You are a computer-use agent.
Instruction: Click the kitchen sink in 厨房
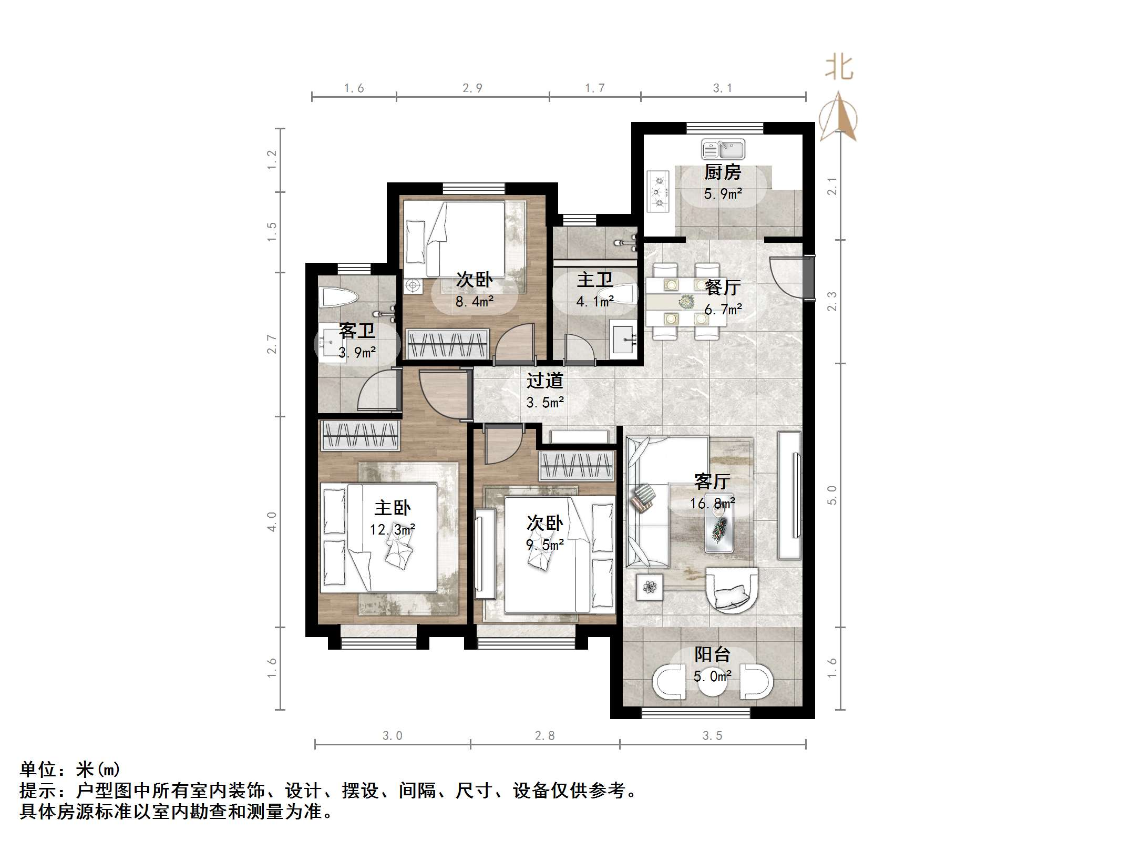pyautogui.click(x=723, y=149)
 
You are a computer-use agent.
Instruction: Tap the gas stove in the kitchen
pyautogui.click(x=658, y=191)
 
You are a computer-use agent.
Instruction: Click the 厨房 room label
pyautogui.click(x=723, y=172)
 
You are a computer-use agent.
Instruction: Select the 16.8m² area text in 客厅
pyautogui.click(x=712, y=504)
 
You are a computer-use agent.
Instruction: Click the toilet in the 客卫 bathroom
pyautogui.click(x=339, y=298)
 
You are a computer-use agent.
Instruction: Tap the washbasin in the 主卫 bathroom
pyautogui.click(x=624, y=337)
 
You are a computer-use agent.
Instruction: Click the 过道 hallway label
pyautogui.click(x=545, y=380)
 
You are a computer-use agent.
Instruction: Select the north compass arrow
pyautogui.click(x=839, y=117)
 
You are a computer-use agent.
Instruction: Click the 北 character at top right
pyautogui.click(x=839, y=68)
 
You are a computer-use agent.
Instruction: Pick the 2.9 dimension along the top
pyautogui.click(x=472, y=88)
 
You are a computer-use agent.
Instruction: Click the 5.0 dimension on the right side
pyautogui.click(x=832, y=495)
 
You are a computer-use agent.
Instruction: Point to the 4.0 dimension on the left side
pyautogui.click(x=272, y=521)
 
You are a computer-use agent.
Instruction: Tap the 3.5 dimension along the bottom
pyautogui.click(x=712, y=736)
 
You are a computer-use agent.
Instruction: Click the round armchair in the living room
pyautogui.click(x=732, y=590)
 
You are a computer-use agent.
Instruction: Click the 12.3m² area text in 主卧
pyautogui.click(x=392, y=529)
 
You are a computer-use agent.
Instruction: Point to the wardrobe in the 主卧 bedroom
pyautogui.click(x=360, y=435)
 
